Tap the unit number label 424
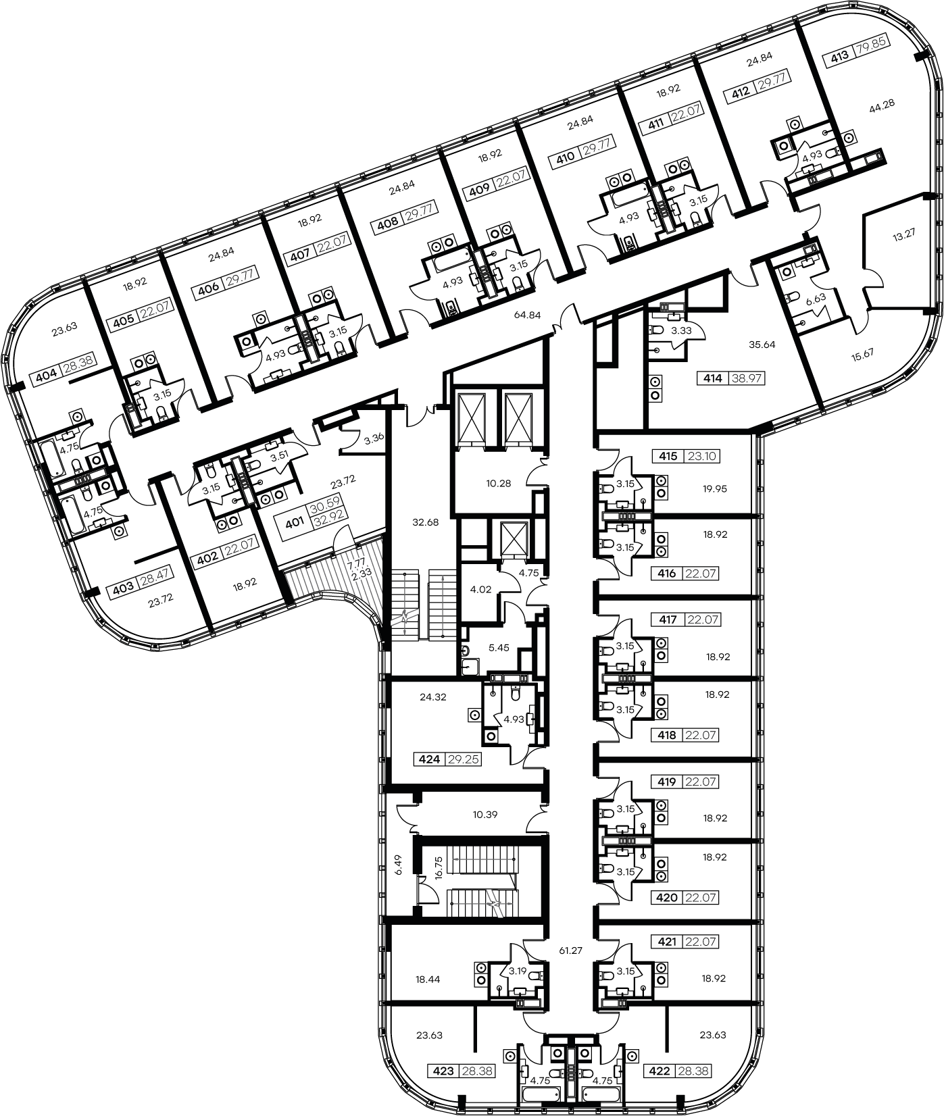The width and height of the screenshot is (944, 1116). (x=429, y=759)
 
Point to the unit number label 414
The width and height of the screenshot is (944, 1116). (x=712, y=379)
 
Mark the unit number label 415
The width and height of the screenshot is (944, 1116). (x=667, y=456)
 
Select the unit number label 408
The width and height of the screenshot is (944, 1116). (x=388, y=220)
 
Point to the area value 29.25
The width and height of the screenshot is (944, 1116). (x=463, y=759)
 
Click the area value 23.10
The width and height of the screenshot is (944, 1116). (x=701, y=456)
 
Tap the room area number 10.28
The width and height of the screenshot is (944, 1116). (x=497, y=484)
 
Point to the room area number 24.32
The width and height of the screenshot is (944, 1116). (x=433, y=696)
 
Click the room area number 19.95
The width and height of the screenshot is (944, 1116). (x=715, y=488)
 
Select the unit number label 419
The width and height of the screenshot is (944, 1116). (x=667, y=782)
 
